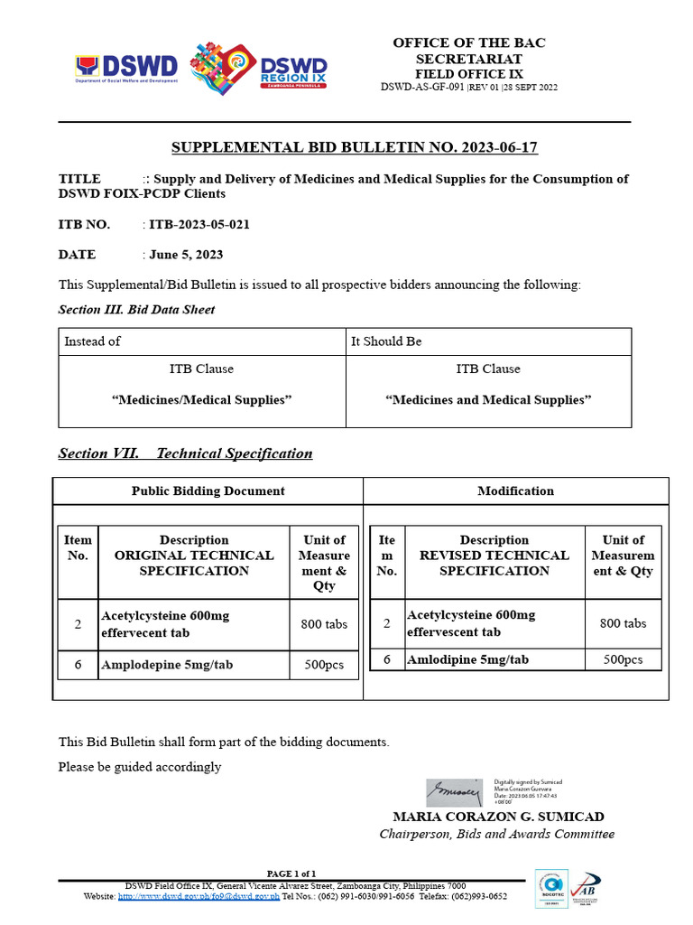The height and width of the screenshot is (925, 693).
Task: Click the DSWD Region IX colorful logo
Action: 259,68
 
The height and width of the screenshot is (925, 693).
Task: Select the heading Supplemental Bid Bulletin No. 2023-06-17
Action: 355,147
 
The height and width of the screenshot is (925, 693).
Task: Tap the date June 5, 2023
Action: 186,255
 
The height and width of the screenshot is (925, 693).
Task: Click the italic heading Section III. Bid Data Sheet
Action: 136,309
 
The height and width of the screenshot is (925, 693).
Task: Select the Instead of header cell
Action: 92,341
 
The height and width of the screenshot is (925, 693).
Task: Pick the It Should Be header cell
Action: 386,341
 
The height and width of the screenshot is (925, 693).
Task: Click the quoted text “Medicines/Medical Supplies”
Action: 202,399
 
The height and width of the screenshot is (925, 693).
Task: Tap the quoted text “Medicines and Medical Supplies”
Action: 488,399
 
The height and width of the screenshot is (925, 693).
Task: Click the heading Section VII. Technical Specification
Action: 185,453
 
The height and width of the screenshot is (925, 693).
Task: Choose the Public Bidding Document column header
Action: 208,491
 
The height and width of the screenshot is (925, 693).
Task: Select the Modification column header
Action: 515,491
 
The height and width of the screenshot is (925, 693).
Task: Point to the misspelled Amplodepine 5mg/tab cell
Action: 167,664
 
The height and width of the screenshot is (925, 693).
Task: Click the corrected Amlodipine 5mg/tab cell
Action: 467,659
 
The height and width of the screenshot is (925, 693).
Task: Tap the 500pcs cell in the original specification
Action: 323,665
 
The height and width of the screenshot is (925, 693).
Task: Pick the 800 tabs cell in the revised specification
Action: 623,623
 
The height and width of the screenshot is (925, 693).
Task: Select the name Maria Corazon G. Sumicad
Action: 498,817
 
